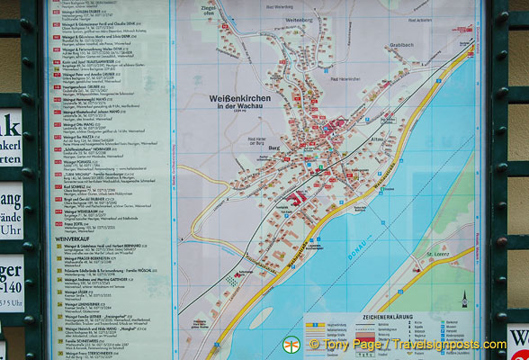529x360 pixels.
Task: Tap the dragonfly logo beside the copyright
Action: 291,345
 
